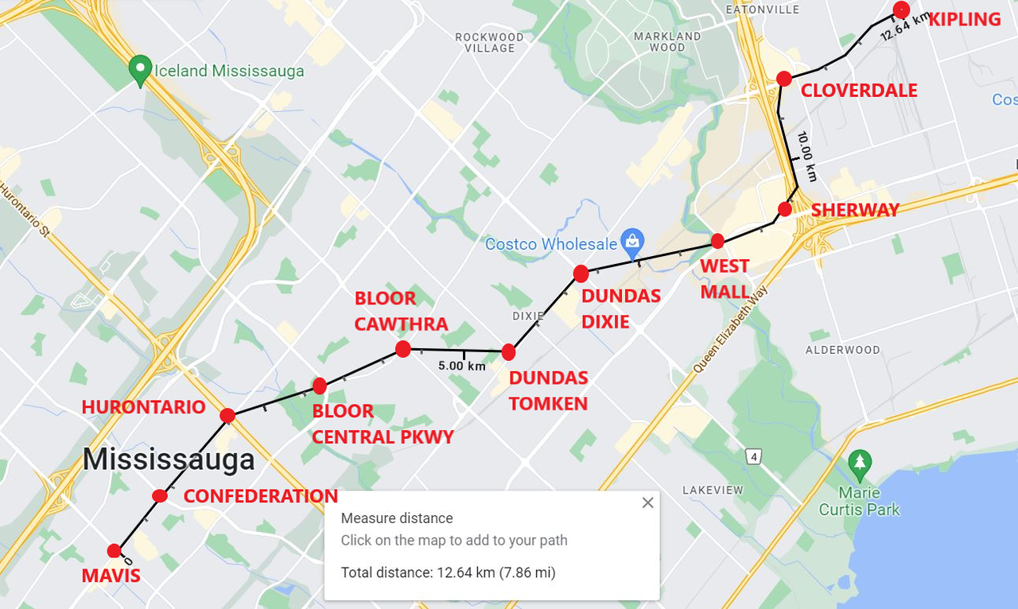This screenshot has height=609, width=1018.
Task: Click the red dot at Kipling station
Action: click(901, 10)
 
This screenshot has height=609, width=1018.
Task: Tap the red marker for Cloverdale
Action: click(784, 79)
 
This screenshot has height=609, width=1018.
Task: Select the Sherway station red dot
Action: click(785, 209)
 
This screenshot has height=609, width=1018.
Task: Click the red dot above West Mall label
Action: click(717, 241)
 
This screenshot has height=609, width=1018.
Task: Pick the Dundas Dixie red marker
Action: click(581, 273)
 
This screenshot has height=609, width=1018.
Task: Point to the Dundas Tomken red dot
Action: click(509, 352)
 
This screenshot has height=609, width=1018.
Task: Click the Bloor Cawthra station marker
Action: click(402, 349)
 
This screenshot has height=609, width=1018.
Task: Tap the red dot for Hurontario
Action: click(227, 415)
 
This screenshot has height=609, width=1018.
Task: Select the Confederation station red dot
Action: click(160, 495)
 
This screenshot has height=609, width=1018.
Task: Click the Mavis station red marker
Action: click(115, 550)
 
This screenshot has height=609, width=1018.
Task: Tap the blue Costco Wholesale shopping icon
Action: click(633, 239)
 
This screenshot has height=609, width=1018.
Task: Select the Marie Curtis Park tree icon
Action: click(859, 461)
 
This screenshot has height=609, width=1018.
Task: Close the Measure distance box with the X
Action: click(647, 502)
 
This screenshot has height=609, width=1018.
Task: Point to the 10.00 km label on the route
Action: click(806, 157)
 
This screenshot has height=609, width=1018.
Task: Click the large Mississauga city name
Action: click(169, 460)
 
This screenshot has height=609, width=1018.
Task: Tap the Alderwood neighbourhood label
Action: click(842, 350)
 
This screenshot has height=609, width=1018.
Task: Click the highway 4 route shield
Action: click(754, 456)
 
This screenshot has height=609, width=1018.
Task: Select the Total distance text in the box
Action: click(448, 572)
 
